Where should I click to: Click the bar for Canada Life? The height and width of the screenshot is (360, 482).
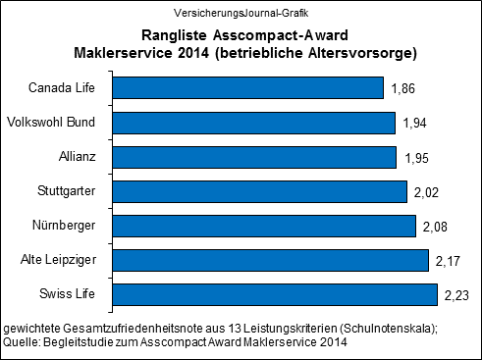[x=247, y=88]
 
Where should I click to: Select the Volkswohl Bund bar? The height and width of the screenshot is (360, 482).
[x=253, y=123]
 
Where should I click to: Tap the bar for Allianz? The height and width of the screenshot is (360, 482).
[x=254, y=157]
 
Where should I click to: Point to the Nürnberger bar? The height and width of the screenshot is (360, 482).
[x=264, y=226]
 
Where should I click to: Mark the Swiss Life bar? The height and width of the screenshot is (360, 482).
[x=275, y=294]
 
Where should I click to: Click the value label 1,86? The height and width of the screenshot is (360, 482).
[x=403, y=89]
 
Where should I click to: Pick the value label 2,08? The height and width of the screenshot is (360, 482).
[x=435, y=227]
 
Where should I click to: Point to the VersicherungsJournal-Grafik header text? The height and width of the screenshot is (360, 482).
[x=241, y=10]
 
